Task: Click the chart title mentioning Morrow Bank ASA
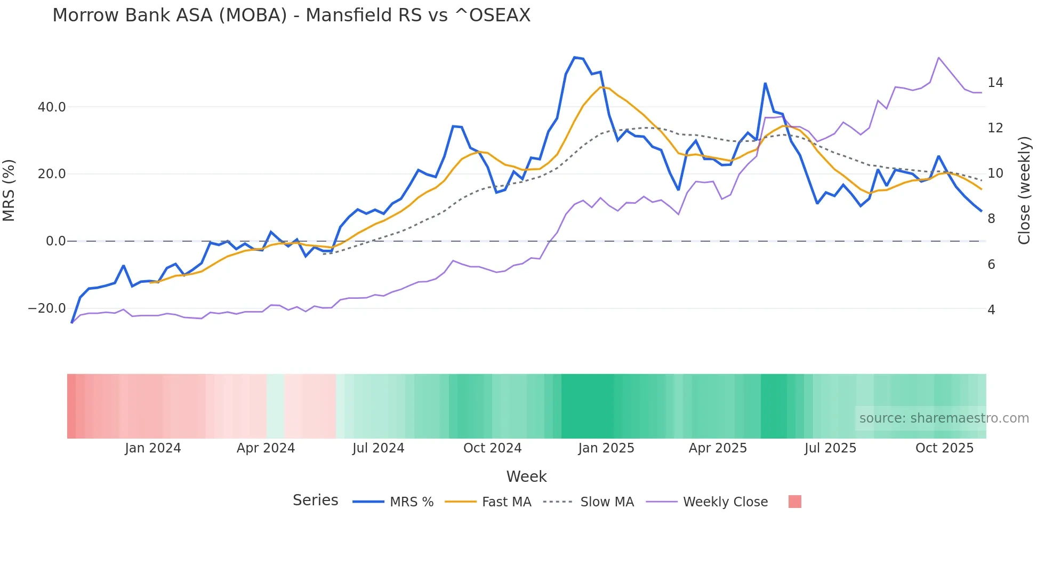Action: [x=291, y=15]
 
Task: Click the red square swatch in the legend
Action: [x=794, y=502]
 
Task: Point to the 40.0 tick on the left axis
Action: [x=52, y=107]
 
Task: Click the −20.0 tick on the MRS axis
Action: [x=47, y=308]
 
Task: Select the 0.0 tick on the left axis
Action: [x=55, y=241]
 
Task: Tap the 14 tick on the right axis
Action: [x=995, y=83]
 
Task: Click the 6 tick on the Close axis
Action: [x=991, y=265]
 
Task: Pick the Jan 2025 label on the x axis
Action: [x=606, y=448]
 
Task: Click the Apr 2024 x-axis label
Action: [x=266, y=448]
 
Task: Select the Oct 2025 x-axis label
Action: [x=944, y=448]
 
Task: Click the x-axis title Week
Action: [x=526, y=476]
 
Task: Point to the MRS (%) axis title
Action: [x=9, y=190]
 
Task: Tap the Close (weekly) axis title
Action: [x=1024, y=190]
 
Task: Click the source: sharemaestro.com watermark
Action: [x=944, y=418]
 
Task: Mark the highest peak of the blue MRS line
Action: [x=574, y=57]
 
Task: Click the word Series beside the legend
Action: [x=315, y=500]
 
